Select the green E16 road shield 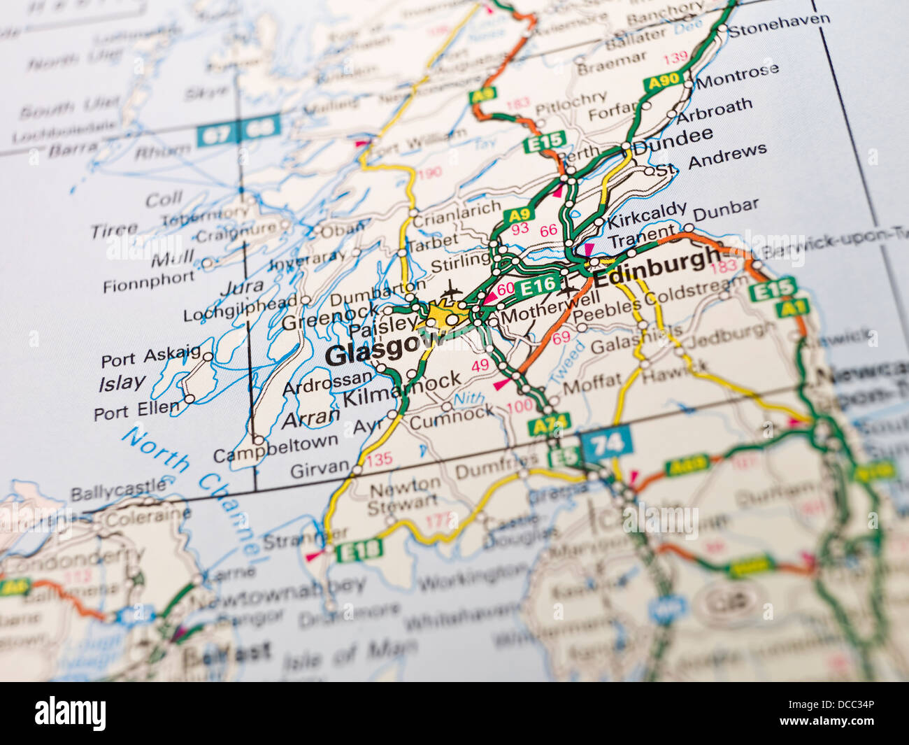[538, 285]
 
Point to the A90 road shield [664, 82]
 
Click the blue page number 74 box [606, 444]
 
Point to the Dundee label [673, 139]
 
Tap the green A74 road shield [550, 423]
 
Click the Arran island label [310, 418]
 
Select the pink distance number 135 [379, 460]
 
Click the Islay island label [122, 383]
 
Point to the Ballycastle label [117, 489]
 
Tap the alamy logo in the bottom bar [70, 714]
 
